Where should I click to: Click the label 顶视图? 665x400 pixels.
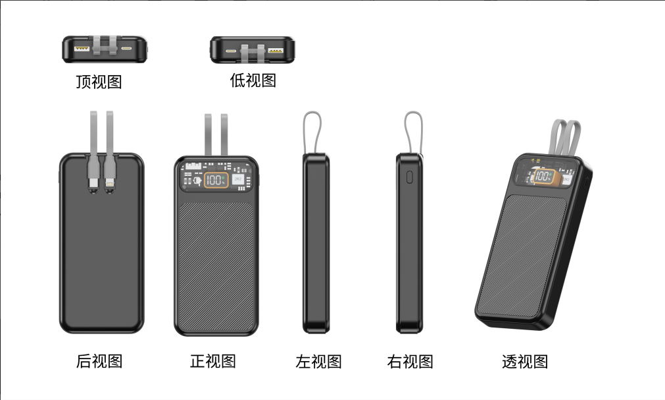[99, 82]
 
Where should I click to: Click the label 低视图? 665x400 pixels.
[253, 80]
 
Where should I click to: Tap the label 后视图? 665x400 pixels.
[99, 361]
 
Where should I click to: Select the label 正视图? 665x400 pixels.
[213, 361]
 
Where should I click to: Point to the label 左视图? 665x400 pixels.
[318, 361]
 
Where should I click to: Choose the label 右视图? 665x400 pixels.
[410, 361]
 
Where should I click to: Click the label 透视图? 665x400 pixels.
[525, 361]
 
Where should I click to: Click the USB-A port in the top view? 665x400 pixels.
[82, 49]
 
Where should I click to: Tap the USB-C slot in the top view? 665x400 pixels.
[126, 49]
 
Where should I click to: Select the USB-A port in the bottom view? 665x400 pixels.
[276, 51]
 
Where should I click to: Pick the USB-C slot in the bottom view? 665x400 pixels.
[231, 51]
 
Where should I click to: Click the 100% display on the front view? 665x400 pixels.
[216, 180]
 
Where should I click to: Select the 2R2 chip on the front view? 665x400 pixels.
[238, 179]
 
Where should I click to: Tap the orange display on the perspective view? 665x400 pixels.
[543, 176]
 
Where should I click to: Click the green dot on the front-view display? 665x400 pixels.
[223, 177]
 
